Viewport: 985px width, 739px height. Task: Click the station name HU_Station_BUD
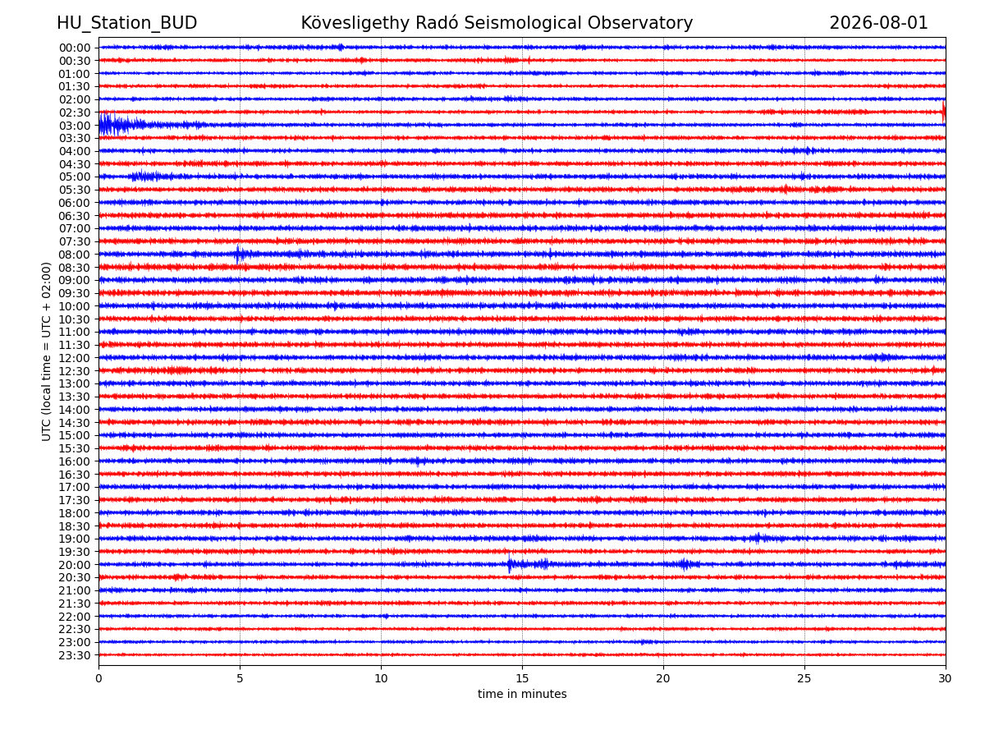click(126, 23)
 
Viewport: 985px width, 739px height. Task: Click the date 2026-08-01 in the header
click(878, 23)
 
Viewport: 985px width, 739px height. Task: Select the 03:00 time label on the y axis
click(75, 126)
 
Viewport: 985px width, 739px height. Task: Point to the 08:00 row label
click(75, 255)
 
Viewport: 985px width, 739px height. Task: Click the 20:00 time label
click(75, 565)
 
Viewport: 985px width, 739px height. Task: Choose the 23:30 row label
click(75, 655)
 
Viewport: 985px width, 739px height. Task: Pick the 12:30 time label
click(75, 371)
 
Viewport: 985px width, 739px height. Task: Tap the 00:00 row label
click(75, 48)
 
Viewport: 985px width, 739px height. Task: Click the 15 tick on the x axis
click(522, 678)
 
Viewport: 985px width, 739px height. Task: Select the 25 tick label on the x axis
click(804, 678)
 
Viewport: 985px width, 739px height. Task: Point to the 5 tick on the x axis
click(240, 678)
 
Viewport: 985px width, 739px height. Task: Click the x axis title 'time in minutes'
click(522, 694)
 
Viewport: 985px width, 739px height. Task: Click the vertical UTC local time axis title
click(46, 351)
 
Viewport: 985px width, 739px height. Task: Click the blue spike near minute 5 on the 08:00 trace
click(237, 255)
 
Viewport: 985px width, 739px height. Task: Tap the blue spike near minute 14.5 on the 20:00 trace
click(510, 563)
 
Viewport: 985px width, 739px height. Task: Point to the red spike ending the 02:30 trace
click(943, 112)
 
